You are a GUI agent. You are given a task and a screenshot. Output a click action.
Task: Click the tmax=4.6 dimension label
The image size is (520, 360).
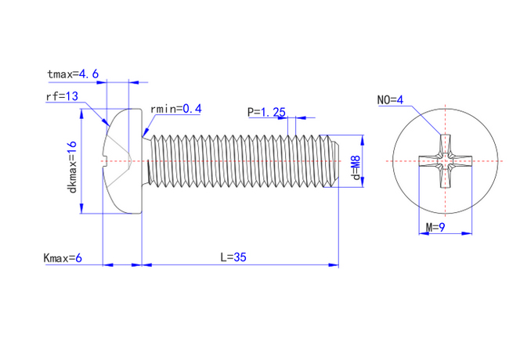pyautogui.click(x=73, y=74)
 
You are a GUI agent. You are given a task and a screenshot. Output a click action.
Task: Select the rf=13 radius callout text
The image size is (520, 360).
pyautogui.click(x=62, y=96)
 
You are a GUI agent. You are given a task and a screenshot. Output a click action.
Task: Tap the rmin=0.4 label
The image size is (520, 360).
pyautogui.click(x=175, y=109)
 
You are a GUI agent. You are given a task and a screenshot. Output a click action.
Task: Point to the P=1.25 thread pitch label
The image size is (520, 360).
pyautogui.click(x=266, y=112)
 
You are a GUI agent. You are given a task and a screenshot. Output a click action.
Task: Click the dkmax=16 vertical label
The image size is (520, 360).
pyautogui.click(x=72, y=167)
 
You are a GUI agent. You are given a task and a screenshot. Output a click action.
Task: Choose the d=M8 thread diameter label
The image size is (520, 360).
pyautogui.click(x=356, y=167)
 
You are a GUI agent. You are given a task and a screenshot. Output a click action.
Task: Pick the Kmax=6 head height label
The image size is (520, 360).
pyautogui.click(x=63, y=258)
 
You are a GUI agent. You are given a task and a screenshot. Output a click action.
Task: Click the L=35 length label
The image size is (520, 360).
pyautogui.click(x=233, y=257)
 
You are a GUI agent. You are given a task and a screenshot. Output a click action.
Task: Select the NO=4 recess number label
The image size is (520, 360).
pyautogui.click(x=390, y=99)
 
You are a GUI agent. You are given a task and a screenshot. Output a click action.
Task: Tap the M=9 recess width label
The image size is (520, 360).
pyautogui.click(x=435, y=228)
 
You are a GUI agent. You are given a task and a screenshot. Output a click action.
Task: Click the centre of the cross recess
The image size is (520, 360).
pyautogui.click(x=445, y=161)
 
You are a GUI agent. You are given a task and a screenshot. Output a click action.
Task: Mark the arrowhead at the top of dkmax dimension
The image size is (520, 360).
pyautogui.click(x=81, y=113)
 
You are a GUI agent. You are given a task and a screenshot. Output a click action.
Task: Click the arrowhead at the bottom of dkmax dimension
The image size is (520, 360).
pyautogui.click(x=81, y=208)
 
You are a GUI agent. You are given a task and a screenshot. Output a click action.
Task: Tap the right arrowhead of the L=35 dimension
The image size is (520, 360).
pyautogui.click(x=334, y=265)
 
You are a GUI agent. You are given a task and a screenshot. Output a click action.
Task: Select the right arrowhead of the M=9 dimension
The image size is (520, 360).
pyautogui.click(x=467, y=233)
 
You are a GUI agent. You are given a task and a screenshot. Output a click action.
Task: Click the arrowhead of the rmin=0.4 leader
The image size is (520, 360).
pyautogui.click(x=145, y=133)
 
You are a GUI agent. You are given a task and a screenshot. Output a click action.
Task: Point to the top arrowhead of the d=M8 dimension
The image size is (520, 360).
pyautogui.click(x=362, y=140)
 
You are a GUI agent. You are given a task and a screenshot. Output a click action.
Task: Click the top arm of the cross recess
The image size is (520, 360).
pyautogui.click(x=445, y=145)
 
